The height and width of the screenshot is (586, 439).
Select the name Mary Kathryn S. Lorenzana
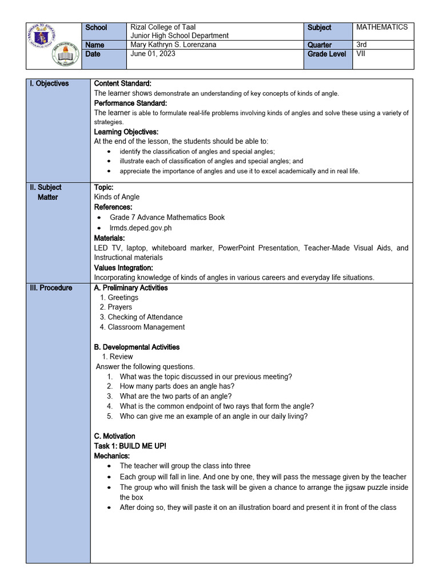tap(174, 45)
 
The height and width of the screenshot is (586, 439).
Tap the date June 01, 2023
tap(153, 54)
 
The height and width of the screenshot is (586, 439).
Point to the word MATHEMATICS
tap(382, 27)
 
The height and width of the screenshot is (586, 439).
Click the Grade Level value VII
tap(361, 54)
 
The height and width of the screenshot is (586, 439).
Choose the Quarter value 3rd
tap(362, 45)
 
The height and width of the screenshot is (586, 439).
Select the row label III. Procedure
tap(51, 288)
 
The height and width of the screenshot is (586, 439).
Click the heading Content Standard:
tap(122, 84)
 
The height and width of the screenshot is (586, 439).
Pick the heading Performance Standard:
tap(130, 103)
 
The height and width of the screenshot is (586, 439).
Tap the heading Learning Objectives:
tap(126, 132)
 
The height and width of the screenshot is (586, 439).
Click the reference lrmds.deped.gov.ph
tap(141, 228)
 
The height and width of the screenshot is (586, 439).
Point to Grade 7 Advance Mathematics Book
tap(167, 217)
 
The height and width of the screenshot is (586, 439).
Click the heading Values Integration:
tap(123, 267)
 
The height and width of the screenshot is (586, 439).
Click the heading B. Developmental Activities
tap(137, 347)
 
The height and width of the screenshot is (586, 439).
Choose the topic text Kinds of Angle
tap(117, 197)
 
